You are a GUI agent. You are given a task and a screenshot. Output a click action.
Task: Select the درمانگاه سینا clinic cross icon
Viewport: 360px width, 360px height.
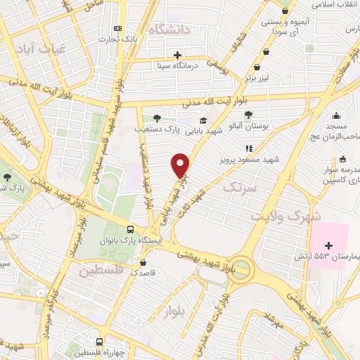177,55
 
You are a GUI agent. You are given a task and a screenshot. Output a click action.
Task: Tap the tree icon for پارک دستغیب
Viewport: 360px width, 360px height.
156,117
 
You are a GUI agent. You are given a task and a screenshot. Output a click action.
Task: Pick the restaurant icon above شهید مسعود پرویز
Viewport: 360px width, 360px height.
248,149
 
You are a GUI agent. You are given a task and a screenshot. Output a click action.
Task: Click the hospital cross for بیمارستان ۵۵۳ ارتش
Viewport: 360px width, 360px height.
329,243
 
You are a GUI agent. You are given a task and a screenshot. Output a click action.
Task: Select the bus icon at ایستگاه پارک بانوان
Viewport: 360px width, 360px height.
130,230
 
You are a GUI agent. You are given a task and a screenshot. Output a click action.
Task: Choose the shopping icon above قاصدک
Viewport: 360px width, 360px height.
144,261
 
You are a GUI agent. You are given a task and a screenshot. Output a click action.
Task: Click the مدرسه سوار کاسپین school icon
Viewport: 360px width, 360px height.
342,159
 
